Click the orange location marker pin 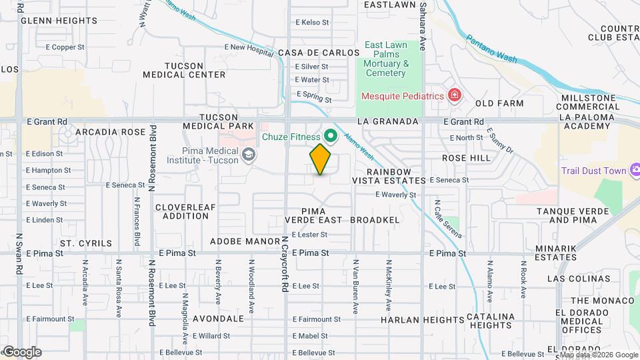point(321,159)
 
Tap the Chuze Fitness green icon point(331,137)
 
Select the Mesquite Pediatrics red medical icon point(455,96)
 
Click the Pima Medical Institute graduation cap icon point(249,155)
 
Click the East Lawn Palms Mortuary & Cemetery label point(386,59)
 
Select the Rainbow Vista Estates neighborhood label point(395,176)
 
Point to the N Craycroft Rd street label point(285,263)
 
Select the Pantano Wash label point(491,49)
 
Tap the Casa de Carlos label point(309,53)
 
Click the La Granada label point(387,121)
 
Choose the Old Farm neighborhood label point(499,103)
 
